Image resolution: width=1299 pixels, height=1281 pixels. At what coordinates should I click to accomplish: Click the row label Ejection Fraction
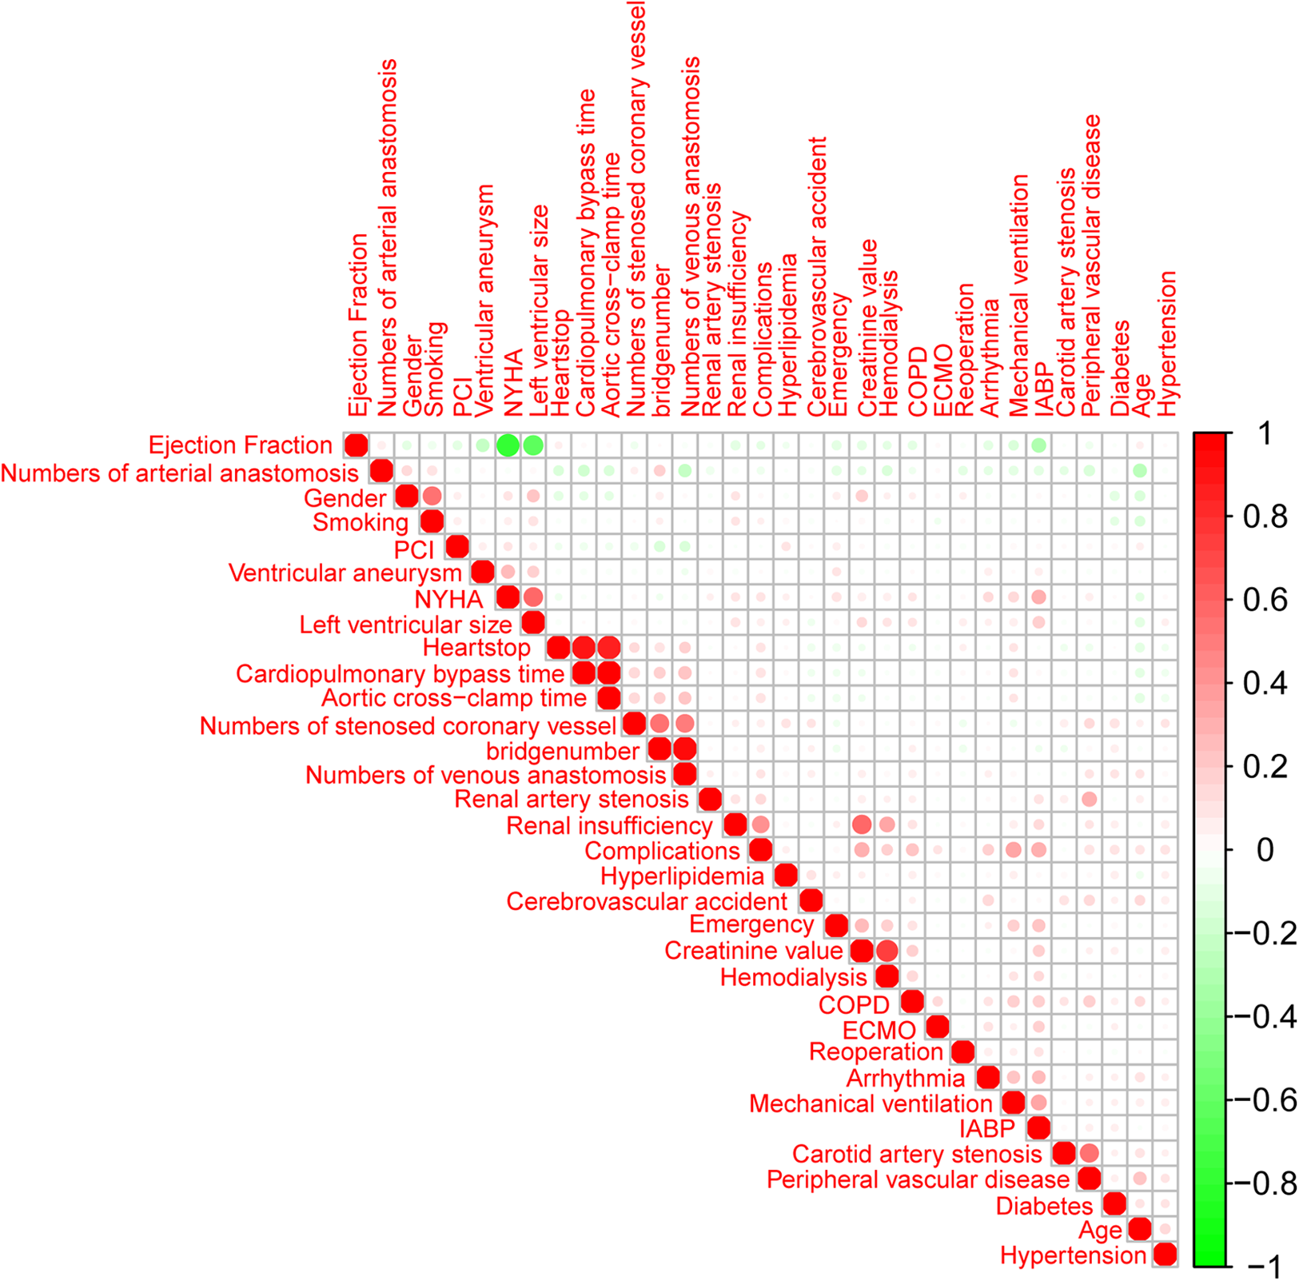pos(240,445)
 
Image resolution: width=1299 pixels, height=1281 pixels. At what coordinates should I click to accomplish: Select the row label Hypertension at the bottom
pos(1073,1255)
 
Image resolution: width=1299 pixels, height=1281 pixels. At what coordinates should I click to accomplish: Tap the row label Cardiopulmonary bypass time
pos(400,674)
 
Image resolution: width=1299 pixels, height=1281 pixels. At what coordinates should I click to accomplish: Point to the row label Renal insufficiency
pos(609,825)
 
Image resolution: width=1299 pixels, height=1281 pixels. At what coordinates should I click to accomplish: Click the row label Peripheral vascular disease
pos(918,1179)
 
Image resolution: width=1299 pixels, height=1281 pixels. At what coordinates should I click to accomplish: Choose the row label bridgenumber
pos(563,751)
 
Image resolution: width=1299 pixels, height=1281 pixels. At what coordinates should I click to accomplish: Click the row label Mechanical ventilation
pos(871,1103)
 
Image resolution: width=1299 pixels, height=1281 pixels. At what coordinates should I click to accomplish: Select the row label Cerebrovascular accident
pos(647,902)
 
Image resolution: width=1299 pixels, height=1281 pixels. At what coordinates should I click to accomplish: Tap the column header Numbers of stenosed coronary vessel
pos(636,208)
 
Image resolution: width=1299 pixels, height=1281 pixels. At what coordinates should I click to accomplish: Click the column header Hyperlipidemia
pos(787,335)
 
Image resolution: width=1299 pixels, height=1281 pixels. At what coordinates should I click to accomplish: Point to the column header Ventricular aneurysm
pos(484,301)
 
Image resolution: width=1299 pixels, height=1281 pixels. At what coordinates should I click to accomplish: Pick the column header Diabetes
pos(1120,368)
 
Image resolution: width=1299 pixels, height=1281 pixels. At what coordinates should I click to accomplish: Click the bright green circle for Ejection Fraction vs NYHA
pos(508,445)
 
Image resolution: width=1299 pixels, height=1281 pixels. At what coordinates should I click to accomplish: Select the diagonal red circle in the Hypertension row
pos(1166,1255)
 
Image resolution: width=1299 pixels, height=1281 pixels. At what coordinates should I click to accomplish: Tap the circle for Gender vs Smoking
pos(432,497)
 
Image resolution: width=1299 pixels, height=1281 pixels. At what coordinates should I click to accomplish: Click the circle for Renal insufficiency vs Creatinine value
pos(862,824)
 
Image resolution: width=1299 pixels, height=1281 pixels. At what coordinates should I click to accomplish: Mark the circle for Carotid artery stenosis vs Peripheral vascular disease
pos(1089,1153)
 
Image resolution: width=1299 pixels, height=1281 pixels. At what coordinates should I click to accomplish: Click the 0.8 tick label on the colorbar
pos(1265,517)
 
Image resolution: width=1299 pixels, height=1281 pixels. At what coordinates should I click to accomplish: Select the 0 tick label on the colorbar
pos(1265,850)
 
